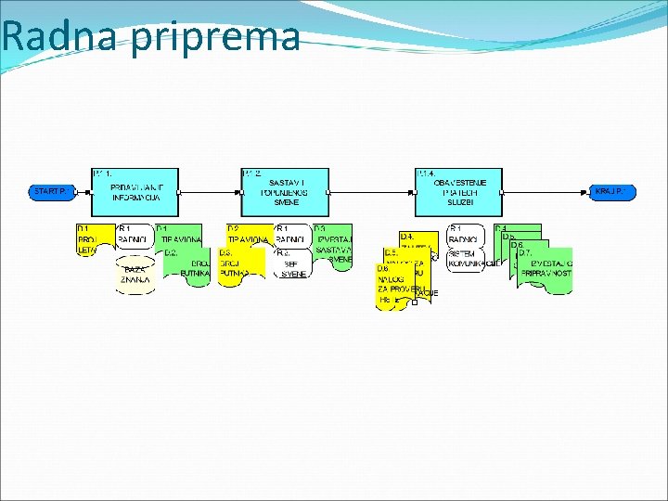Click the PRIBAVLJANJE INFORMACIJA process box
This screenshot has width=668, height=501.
[135, 191]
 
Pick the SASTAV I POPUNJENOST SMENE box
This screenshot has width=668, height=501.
[286, 191]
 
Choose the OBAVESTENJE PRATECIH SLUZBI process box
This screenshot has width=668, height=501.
[459, 191]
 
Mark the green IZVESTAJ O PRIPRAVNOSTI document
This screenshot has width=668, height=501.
[546, 270]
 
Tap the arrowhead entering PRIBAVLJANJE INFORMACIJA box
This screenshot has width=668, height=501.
[90, 192]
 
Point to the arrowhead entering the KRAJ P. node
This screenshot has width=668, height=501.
[589, 192]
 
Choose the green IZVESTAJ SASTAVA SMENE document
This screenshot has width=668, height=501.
[334, 244]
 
